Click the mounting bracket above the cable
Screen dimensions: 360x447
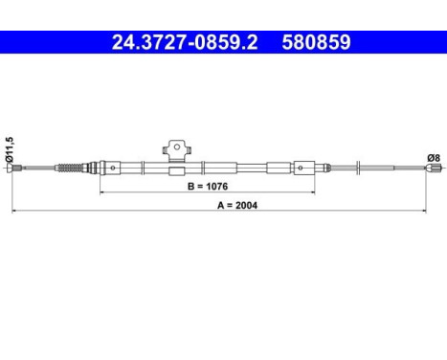(174, 148)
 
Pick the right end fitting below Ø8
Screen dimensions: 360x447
(427, 170)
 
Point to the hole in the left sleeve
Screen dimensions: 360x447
(112, 169)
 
